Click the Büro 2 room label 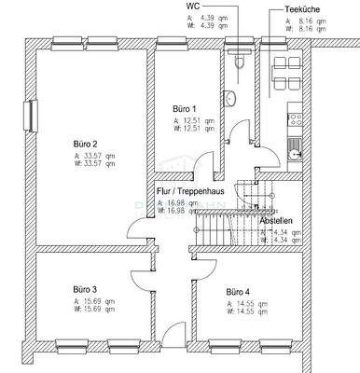click(86, 144)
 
